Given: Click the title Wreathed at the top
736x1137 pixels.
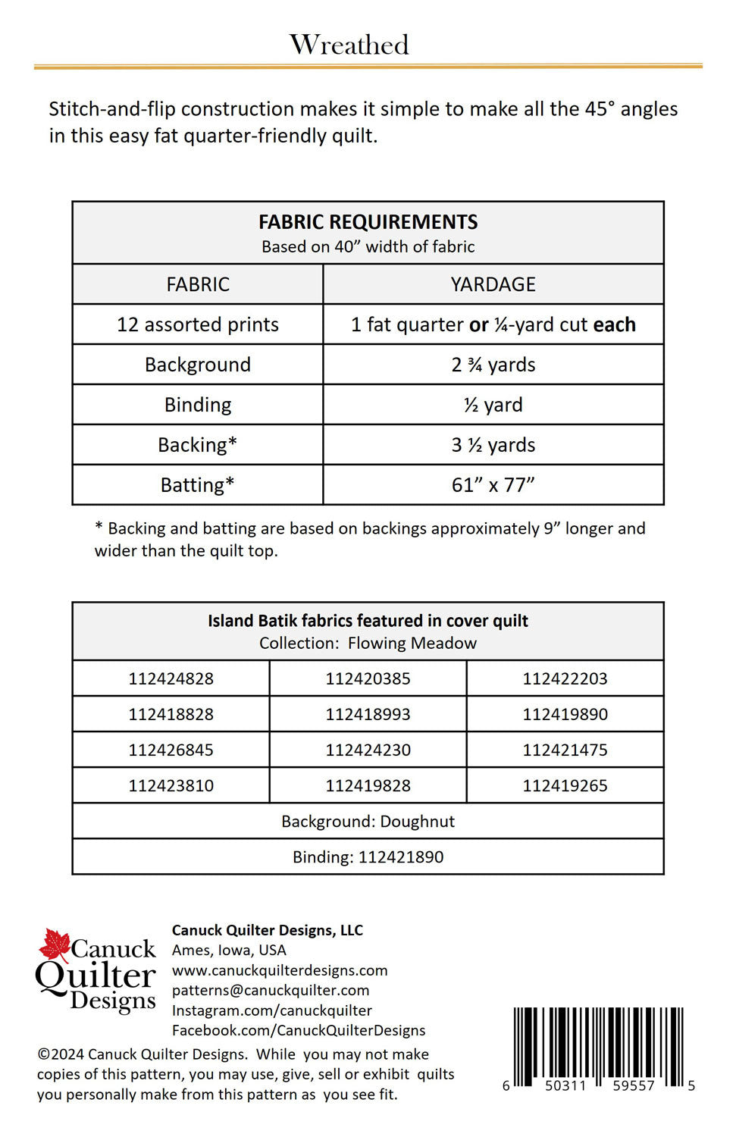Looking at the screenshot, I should coord(349,45).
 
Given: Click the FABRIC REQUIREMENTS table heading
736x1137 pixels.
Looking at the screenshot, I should coord(368,222).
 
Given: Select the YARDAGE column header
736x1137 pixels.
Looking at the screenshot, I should coord(493,284).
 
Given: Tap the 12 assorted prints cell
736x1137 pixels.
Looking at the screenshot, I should coord(198,324).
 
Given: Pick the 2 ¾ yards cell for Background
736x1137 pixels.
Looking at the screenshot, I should coord(493,365).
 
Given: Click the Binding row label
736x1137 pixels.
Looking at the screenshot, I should coord(198,405).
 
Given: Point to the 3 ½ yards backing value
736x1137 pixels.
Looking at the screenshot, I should coord(493,445).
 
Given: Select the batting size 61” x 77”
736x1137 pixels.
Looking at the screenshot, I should coord(493,485).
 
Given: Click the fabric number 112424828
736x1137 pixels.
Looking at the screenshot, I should coord(171,678).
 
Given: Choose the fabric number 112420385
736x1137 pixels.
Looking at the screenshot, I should coord(368,678).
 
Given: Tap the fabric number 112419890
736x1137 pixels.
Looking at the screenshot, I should coord(565,714).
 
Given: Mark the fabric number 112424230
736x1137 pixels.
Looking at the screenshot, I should coord(368,750).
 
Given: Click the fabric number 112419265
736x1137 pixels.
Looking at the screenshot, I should coord(565,785).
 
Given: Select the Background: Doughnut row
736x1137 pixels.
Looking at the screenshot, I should coord(368,821).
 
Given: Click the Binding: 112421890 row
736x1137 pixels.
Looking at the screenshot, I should coord(368,857).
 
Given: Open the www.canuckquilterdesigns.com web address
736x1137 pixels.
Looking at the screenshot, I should coord(279,970).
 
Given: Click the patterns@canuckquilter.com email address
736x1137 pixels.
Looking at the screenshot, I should coord(270,990).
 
